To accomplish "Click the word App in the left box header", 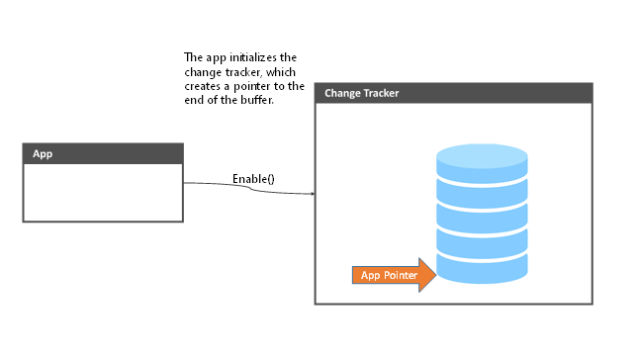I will [43, 153].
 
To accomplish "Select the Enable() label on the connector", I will [253, 179].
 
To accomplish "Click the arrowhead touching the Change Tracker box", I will [311, 194].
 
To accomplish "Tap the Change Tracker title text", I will [362, 94].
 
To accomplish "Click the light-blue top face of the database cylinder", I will [482, 156].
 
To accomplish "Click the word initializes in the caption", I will [247, 57].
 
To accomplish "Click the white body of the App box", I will [103, 192].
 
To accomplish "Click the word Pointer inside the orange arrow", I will [401, 275].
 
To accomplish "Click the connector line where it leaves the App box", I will [186, 183].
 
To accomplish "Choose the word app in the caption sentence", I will [214, 57].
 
